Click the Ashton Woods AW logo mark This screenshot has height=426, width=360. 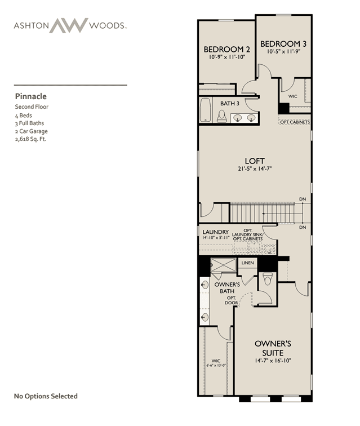(69, 25)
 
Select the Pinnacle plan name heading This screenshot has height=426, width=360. (30, 96)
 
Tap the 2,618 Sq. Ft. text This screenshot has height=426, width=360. (30, 139)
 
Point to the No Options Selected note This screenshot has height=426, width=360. (46, 396)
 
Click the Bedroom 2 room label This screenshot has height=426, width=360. (227, 50)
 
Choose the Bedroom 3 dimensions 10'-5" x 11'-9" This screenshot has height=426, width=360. (283, 51)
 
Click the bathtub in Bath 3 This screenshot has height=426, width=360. (206, 110)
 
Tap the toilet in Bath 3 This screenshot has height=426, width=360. (222, 116)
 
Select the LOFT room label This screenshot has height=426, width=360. (255, 161)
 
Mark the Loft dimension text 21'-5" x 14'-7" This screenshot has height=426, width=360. (255, 168)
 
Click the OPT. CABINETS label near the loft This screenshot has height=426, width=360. (295, 122)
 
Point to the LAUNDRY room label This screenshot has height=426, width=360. (216, 232)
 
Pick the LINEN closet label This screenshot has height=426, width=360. (247, 263)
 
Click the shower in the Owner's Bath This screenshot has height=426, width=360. (223, 265)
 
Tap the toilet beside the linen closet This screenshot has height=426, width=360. (268, 279)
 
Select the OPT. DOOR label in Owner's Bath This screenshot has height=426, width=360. (232, 300)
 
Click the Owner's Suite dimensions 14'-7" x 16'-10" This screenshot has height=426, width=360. (273, 361)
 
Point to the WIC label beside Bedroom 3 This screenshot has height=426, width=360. (292, 96)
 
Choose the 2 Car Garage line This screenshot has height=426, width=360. (31, 131)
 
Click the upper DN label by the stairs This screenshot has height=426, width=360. (303, 199)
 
